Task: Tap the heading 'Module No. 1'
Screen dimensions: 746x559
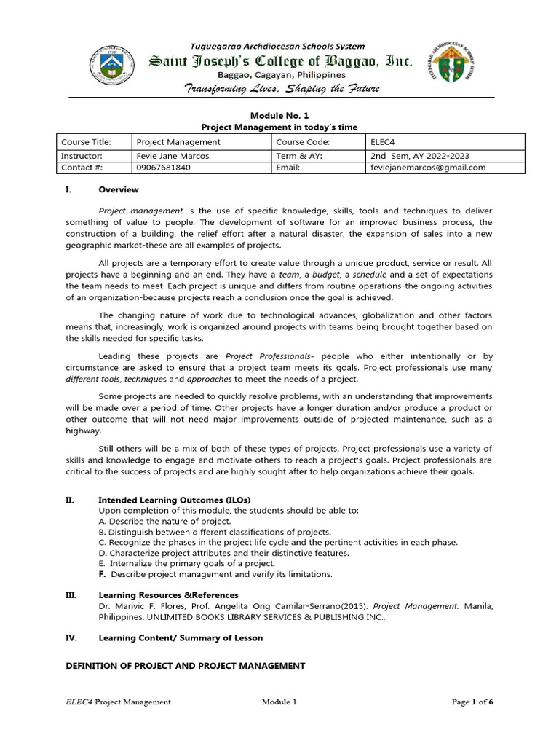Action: pyautogui.click(x=279, y=115)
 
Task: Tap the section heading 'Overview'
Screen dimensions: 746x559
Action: pyautogui.click(x=118, y=189)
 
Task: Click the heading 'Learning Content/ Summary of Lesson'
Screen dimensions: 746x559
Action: pyautogui.click(x=180, y=637)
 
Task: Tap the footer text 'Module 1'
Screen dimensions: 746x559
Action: pyautogui.click(x=279, y=702)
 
